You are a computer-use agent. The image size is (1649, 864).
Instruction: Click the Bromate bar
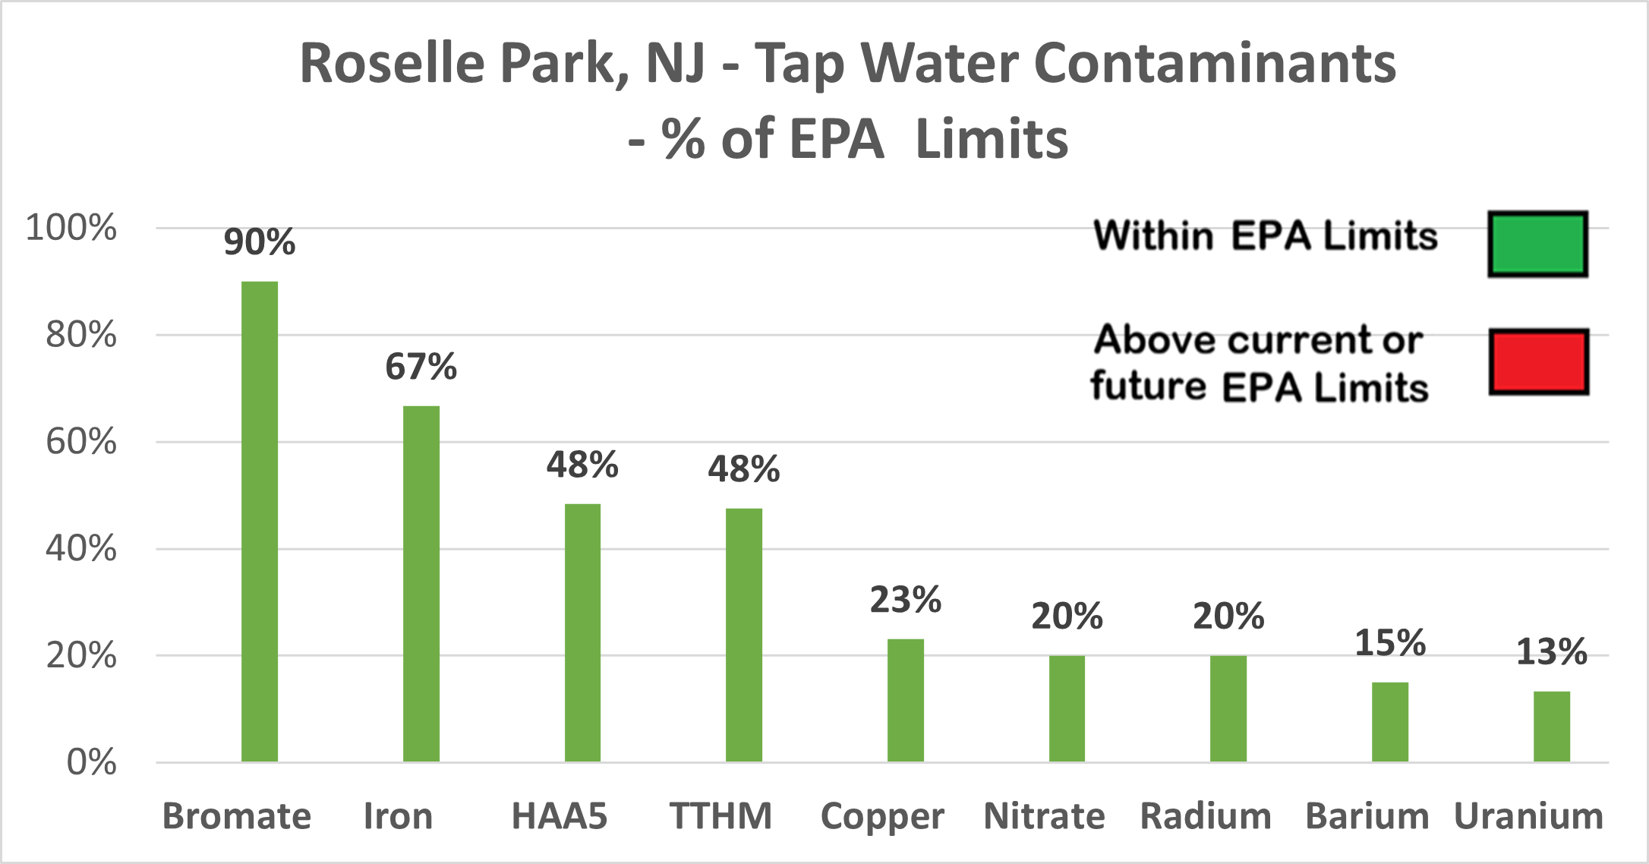click(x=260, y=522)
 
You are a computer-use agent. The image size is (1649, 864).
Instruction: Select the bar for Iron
click(x=421, y=584)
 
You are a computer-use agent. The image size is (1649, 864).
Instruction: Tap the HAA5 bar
click(x=582, y=632)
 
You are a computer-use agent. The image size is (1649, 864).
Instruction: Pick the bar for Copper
click(x=906, y=700)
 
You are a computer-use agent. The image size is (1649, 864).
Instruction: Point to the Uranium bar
click(x=1552, y=727)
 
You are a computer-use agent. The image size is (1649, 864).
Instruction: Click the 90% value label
click(x=260, y=242)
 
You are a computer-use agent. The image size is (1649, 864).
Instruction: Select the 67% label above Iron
click(x=421, y=367)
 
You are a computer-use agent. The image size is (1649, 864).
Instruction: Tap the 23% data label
click(x=906, y=600)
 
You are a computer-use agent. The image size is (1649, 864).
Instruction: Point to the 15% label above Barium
click(x=1390, y=643)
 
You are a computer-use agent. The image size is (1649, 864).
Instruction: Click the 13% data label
click(x=1552, y=652)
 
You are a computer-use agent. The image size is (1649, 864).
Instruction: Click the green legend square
click(x=1537, y=244)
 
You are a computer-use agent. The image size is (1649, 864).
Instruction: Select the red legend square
click(x=1538, y=361)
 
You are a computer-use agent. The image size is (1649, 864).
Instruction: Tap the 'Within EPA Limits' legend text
click(x=1266, y=235)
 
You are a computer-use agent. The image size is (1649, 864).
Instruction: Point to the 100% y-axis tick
click(x=71, y=228)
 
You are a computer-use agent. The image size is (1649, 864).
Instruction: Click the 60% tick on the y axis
click(x=81, y=442)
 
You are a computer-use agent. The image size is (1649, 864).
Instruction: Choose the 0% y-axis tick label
click(x=91, y=762)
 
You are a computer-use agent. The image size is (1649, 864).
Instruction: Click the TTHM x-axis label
click(x=720, y=817)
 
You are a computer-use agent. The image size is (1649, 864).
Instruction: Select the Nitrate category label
click(x=1044, y=817)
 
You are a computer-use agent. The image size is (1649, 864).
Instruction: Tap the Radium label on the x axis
click(x=1206, y=817)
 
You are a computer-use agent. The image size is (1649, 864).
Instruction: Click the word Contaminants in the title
click(x=1215, y=64)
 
